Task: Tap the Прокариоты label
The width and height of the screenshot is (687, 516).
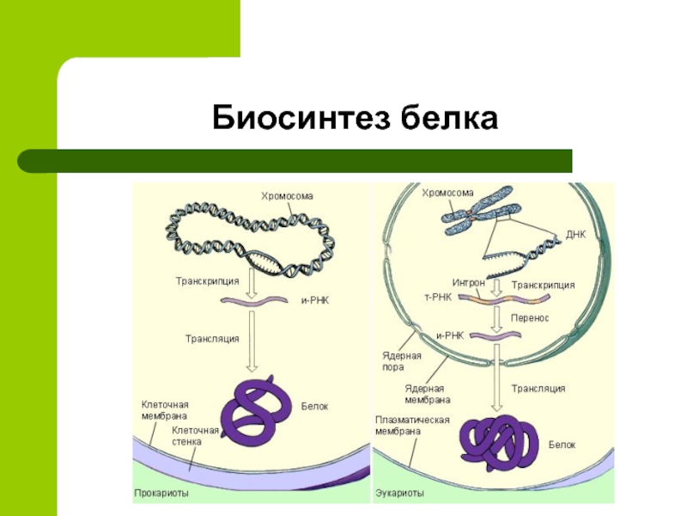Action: click(x=161, y=494)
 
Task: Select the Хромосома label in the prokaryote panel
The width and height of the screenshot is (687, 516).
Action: click(x=287, y=197)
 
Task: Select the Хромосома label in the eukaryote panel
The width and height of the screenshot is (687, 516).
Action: click(x=447, y=193)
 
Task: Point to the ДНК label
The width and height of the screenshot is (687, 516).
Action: click(x=575, y=234)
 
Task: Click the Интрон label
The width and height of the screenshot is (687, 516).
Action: click(x=469, y=282)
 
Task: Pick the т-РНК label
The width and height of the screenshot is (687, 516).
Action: click(x=438, y=296)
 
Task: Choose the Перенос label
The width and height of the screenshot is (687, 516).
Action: click(x=530, y=318)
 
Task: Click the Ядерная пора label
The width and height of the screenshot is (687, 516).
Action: click(x=401, y=361)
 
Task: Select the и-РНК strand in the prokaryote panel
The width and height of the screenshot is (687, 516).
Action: click(x=252, y=300)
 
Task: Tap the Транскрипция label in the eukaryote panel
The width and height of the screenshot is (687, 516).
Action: click(x=543, y=285)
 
